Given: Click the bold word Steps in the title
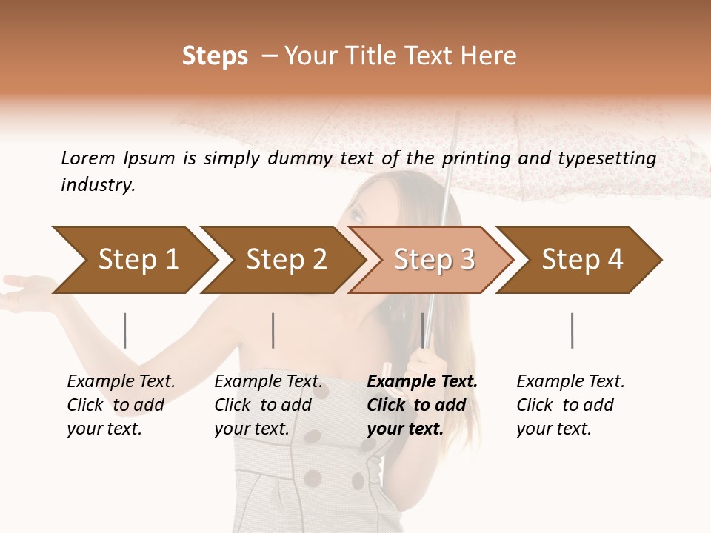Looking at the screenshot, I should [215, 56].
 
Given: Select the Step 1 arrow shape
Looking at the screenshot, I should [133, 260].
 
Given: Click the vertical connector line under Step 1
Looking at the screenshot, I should [125, 330].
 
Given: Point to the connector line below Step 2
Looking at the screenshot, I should [273, 330].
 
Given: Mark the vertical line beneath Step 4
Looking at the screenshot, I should [572, 330].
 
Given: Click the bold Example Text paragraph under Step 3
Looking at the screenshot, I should [422, 405].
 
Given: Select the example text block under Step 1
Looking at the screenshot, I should [121, 405].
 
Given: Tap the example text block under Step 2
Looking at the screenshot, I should [268, 405].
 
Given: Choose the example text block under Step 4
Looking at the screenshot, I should [570, 405].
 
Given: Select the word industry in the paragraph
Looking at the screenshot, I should [97, 185].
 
